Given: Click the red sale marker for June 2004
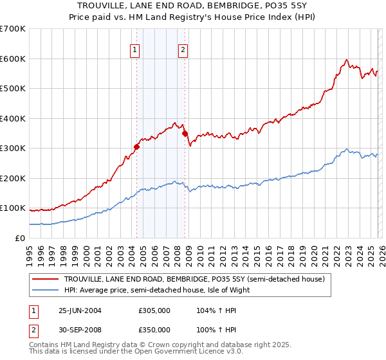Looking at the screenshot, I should click(x=136, y=147).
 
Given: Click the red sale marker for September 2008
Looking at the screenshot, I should click(x=185, y=134).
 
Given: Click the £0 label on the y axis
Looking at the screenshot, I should click(x=21, y=238).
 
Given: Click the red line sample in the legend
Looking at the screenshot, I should click(x=46, y=279).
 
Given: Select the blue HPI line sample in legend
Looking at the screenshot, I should click(x=46, y=290).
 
